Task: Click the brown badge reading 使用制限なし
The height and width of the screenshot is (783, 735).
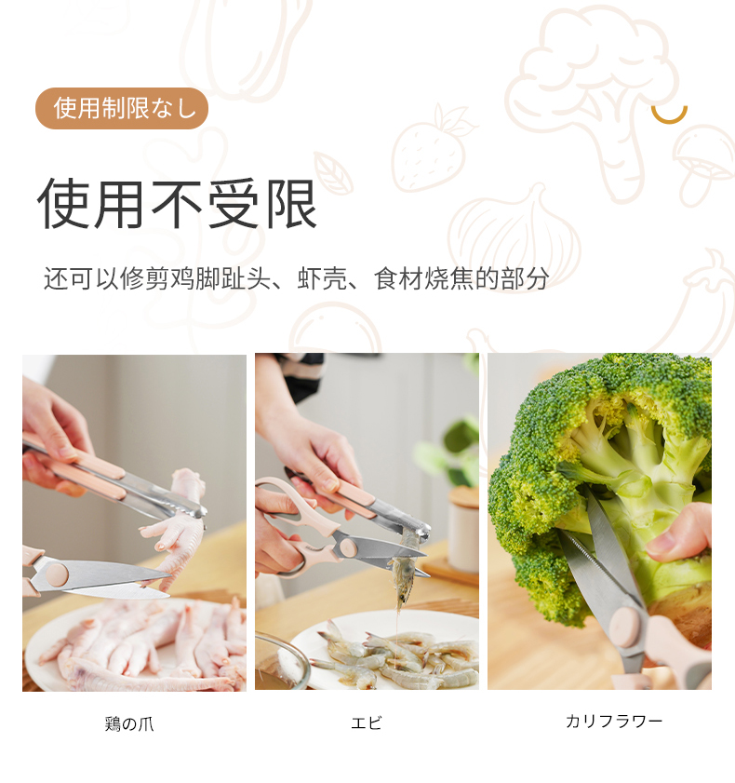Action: pos(121,108)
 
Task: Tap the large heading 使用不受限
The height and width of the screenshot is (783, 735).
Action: pos(177,204)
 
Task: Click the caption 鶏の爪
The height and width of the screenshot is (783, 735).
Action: pos(129,723)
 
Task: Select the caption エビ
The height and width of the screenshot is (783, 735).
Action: pos(367,722)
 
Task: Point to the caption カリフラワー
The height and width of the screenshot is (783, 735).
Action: pos(614,721)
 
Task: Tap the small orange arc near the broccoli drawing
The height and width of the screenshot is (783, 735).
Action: pos(669,115)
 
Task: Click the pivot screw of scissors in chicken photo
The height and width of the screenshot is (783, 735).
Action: pos(57,574)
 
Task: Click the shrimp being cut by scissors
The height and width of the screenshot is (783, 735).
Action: pos(403,569)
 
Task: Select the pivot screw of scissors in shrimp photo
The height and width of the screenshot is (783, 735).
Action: pos(348,548)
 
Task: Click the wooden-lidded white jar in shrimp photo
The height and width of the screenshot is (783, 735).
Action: pos(463,530)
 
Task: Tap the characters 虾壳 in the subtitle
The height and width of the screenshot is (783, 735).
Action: pos(322,278)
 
